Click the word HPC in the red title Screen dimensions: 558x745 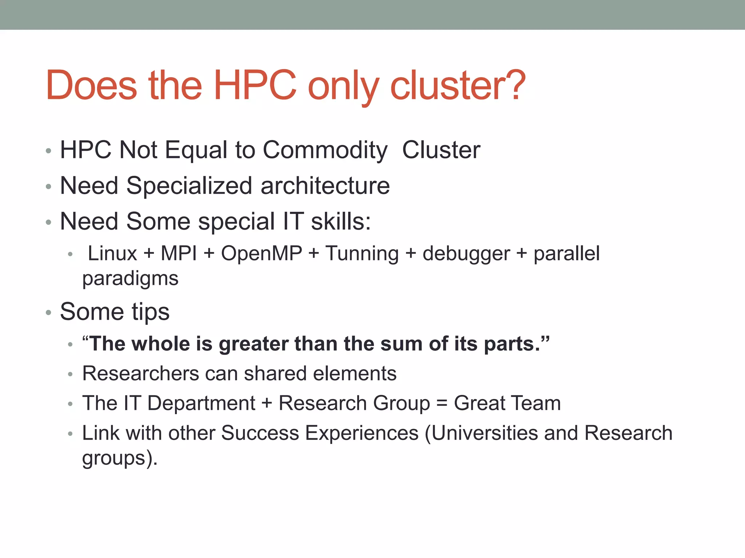[x=255, y=85]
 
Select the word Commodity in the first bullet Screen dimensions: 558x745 [x=325, y=150]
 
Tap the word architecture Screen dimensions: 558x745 [x=325, y=186]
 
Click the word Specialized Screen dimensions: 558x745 [x=189, y=186]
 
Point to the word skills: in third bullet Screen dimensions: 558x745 [x=341, y=221]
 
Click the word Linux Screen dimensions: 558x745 [x=112, y=253]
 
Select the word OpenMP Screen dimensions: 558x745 [x=262, y=253]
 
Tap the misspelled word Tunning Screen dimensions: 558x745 [x=362, y=253]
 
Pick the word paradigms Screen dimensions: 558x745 [x=130, y=279]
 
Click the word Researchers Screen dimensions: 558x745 [x=141, y=373]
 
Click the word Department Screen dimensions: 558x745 [x=201, y=404]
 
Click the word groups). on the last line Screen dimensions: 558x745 [x=120, y=458]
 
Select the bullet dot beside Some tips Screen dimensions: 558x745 [x=48, y=312]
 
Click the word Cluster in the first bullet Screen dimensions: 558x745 [x=441, y=150]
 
